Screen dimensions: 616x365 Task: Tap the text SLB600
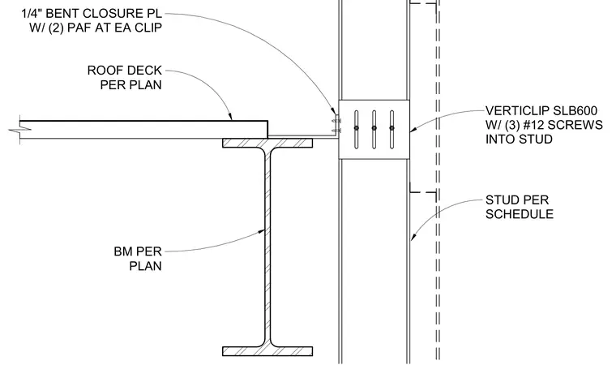pyautogui.click(x=575, y=110)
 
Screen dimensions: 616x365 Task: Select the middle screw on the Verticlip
pyautogui.click(x=374, y=128)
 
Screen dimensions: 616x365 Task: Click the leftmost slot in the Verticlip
pyautogui.click(x=357, y=130)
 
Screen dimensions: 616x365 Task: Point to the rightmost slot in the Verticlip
pyautogui.click(x=391, y=130)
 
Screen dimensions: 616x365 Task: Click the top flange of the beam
pyautogui.click(x=267, y=143)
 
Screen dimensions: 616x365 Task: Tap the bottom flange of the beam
pyautogui.click(x=267, y=351)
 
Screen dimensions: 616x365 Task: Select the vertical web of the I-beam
pyautogui.click(x=267, y=247)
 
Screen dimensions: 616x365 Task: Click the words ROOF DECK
pyautogui.click(x=125, y=71)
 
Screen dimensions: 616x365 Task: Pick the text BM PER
pyautogui.click(x=138, y=251)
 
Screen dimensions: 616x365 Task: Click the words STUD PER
pyautogui.click(x=517, y=200)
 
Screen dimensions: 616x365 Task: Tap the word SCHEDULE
pyautogui.click(x=520, y=214)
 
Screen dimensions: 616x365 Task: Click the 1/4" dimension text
pyautogui.click(x=32, y=13)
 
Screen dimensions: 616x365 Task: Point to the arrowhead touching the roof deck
pyautogui.click(x=230, y=116)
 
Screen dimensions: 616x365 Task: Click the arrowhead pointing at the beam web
pyautogui.click(x=261, y=232)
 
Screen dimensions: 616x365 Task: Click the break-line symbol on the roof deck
pyautogui.click(x=20, y=129)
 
